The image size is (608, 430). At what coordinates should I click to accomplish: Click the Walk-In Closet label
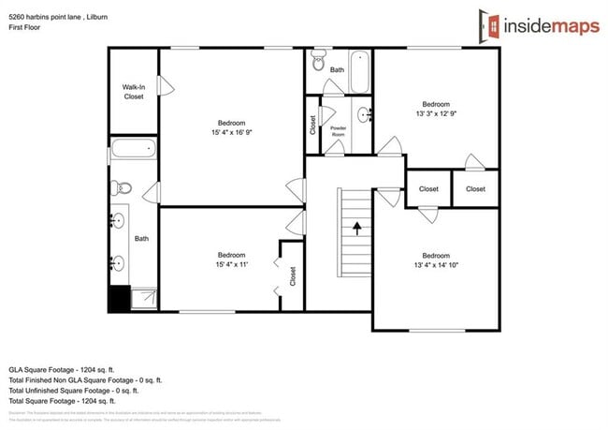pyautogui.click(x=134, y=91)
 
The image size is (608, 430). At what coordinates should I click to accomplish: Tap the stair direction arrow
pyautogui.click(x=355, y=228)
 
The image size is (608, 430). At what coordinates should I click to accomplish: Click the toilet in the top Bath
pyautogui.click(x=318, y=66)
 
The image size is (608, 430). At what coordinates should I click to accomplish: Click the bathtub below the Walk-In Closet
pyautogui.click(x=134, y=149)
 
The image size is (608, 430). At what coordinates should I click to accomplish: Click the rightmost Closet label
pyautogui.click(x=475, y=188)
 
